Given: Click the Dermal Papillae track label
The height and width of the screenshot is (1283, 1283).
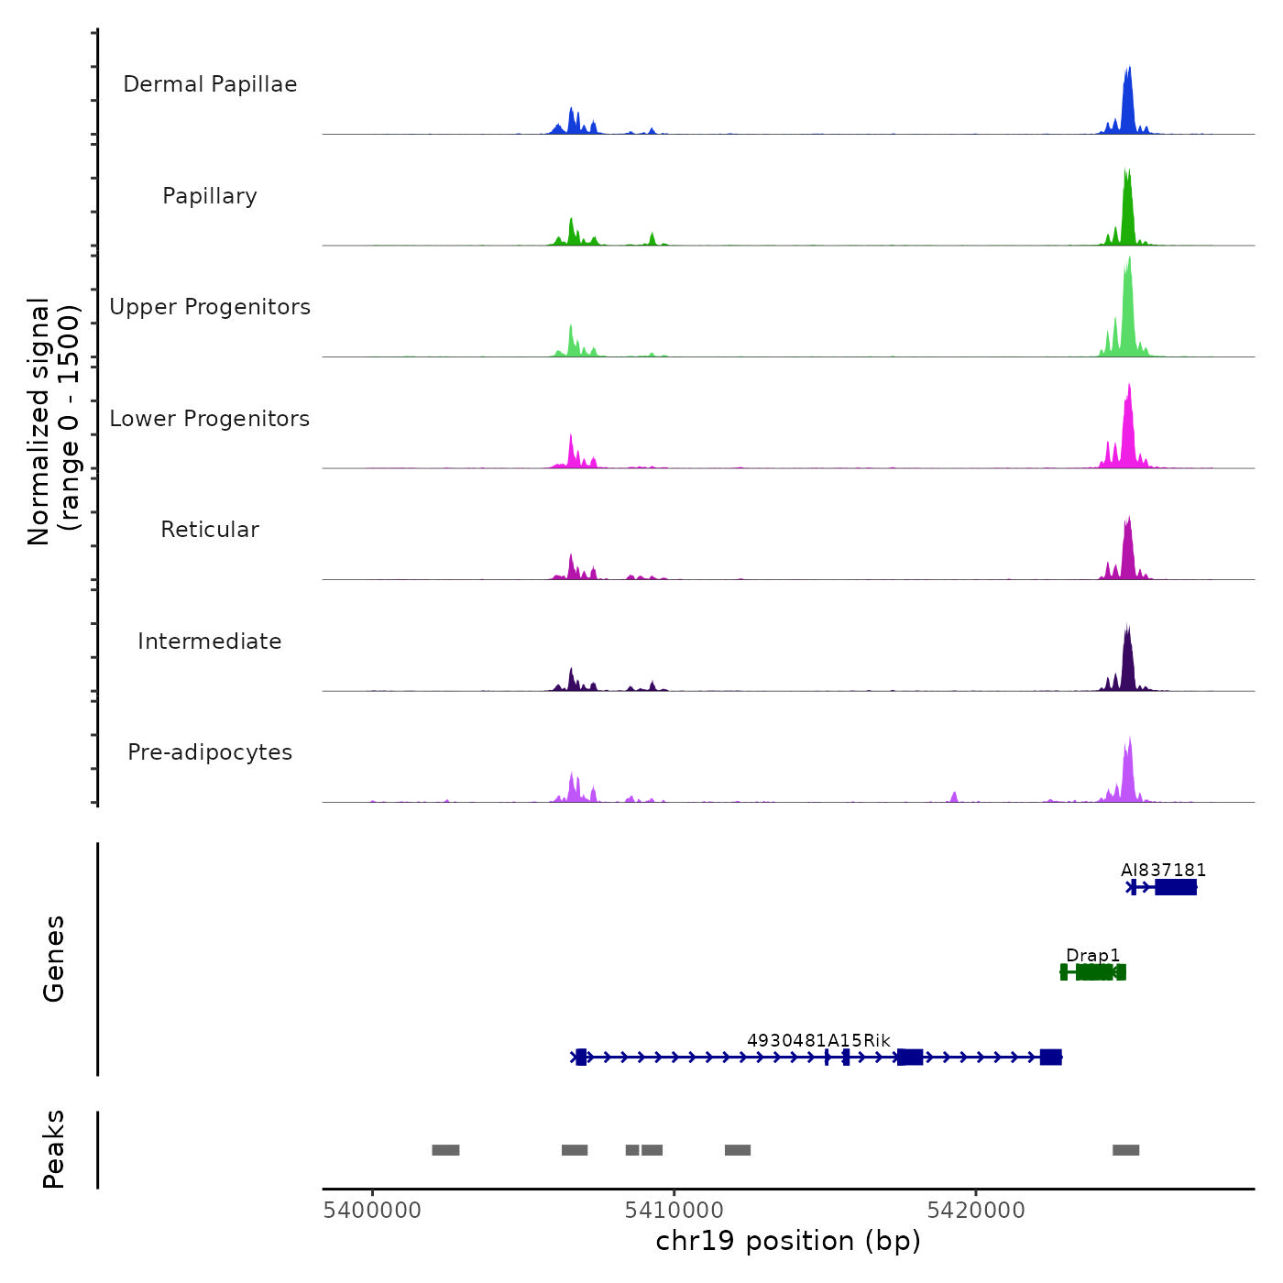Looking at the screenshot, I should point(210,84).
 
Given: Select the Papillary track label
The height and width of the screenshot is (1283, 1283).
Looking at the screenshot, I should point(210,196).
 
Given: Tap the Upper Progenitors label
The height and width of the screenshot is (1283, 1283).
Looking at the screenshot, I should point(210,307).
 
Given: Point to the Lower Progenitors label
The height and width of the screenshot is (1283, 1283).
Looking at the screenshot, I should point(210,419).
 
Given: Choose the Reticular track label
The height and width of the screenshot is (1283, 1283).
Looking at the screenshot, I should point(210,530).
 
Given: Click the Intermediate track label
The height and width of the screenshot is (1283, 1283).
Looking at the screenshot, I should point(210,641).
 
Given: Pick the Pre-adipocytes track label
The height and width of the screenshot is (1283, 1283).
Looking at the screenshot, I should point(210,752).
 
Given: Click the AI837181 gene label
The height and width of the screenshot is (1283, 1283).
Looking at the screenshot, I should point(1163,870).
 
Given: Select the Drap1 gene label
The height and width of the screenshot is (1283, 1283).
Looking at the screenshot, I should point(1092,955).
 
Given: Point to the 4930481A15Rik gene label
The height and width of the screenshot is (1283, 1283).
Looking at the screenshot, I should point(818,1040).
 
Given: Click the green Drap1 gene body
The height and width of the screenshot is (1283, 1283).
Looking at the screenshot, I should point(1093,972).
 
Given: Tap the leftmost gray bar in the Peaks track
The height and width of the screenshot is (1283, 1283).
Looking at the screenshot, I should point(445,1150).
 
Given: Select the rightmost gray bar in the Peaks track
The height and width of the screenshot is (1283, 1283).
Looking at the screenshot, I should point(1125,1150).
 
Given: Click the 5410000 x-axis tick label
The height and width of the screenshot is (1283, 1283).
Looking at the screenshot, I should point(674,1210).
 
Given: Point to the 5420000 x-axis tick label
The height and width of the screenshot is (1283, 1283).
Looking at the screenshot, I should point(976,1210).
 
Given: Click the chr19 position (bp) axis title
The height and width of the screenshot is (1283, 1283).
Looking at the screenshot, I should point(788,1241).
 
